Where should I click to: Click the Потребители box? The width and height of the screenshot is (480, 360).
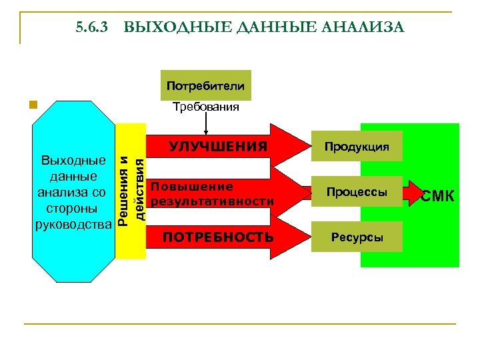point(205,85)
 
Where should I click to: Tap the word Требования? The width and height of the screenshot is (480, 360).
point(205,107)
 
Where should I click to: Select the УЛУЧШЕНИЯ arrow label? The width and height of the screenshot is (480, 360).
point(218,146)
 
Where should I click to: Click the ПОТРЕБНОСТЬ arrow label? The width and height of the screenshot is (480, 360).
point(218,237)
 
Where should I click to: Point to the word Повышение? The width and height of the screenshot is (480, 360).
point(192,187)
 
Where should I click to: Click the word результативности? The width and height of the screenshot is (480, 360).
point(213,201)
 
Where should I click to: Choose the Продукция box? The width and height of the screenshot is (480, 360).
point(357,147)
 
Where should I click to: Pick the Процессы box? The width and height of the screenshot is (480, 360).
point(357,192)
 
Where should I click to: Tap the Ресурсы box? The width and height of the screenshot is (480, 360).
point(357,237)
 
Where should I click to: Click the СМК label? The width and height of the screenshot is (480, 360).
point(438,196)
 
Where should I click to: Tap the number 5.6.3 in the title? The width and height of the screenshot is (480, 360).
point(91,27)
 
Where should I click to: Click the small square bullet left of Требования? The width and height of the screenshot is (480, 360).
point(31,105)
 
